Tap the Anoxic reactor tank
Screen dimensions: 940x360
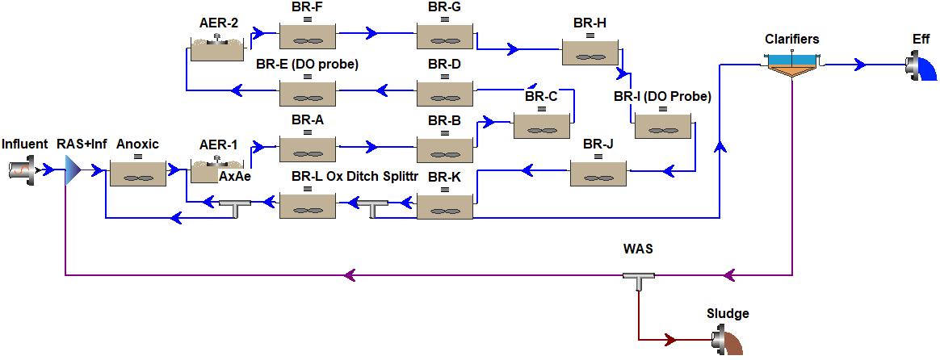pos(138,172)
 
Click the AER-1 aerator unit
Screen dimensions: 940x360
pos(216,170)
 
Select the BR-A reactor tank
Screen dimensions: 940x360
pos(308,147)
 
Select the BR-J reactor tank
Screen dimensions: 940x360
pos(597,171)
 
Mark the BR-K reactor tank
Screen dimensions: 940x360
pos(445,206)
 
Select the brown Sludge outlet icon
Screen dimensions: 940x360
pos(728,340)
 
